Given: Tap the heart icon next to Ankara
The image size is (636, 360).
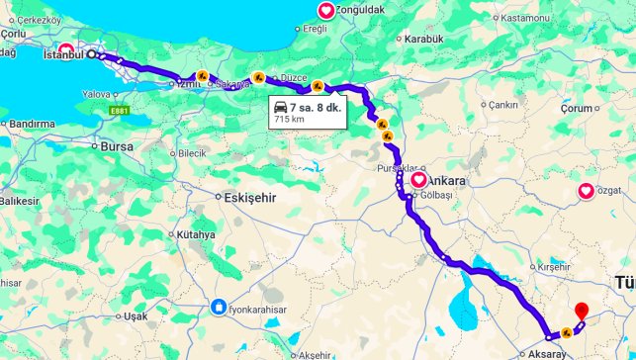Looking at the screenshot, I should (x=418, y=180).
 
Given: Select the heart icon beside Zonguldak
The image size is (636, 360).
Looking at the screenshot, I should (x=325, y=11).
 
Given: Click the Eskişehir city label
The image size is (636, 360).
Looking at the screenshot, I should (x=247, y=197).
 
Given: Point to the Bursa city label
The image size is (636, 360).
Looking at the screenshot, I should (x=117, y=146).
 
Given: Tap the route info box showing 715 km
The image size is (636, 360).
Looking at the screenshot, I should (x=306, y=112).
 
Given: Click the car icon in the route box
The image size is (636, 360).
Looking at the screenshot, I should (x=280, y=106).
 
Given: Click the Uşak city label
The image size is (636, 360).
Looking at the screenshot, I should (x=135, y=316).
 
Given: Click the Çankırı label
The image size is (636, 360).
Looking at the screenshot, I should (x=501, y=105).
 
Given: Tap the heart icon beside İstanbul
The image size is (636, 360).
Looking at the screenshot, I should (x=66, y=49).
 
